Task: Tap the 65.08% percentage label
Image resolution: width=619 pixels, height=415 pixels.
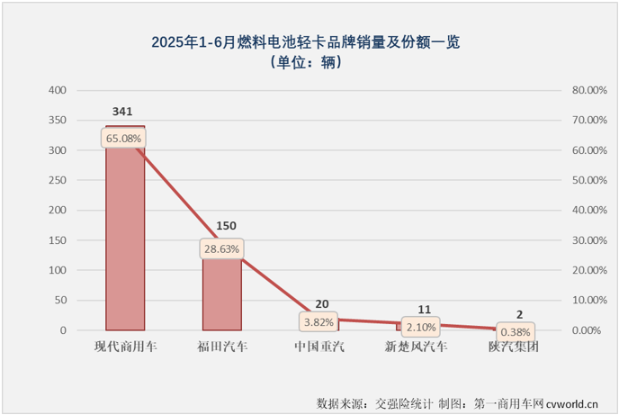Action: coord(124,139)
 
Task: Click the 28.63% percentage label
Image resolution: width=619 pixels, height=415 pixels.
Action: coord(221,248)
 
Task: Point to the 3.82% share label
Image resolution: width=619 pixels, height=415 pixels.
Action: coord(318,321)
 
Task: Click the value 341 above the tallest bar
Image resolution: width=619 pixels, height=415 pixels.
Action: coord(124,113)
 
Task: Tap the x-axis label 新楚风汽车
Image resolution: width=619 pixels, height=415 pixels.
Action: coord(415,346)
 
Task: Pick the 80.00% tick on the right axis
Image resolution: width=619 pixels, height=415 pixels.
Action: coord(586,91)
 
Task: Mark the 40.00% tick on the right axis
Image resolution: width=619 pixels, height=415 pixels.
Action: coord(586,211)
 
